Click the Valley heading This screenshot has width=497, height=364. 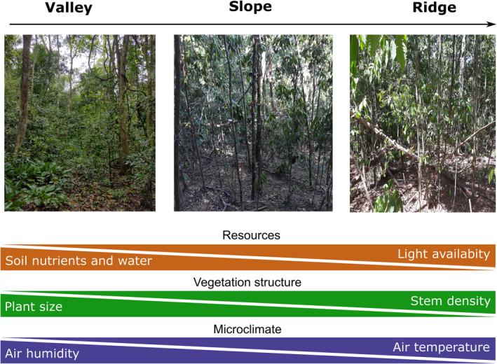point(68,8)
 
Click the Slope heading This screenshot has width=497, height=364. point(250,8)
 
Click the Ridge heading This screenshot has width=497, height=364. point(435,8)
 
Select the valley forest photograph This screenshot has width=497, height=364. point(79,122)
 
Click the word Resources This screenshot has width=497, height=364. point(251,235)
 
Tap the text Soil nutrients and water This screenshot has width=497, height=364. point(78,261)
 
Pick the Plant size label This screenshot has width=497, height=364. point(34,307)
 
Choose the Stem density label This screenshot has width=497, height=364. point(450,301)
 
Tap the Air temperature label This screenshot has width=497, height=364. point(441,347)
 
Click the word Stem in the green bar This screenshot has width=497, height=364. point(426,301)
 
